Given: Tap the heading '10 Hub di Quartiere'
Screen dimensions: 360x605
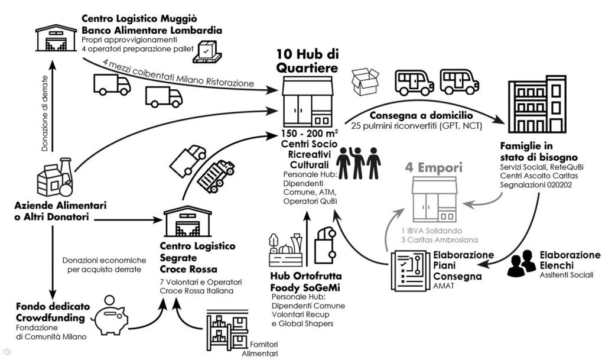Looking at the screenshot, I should coord(307,61).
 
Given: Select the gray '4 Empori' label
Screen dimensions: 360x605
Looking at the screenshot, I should coord(432,167).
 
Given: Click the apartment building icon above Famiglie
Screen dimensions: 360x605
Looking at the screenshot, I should coord(536,103).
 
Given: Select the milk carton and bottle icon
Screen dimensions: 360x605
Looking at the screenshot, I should coord(55,178).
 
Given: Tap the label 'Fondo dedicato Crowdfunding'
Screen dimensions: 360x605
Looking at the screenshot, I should coord(53,313).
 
